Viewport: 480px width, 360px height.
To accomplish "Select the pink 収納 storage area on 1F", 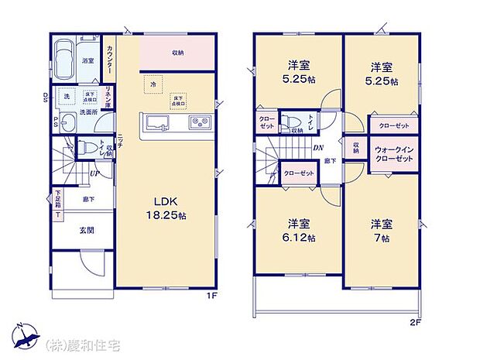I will [177, 53].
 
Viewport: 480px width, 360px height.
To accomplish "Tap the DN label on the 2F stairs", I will [318, 148].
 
